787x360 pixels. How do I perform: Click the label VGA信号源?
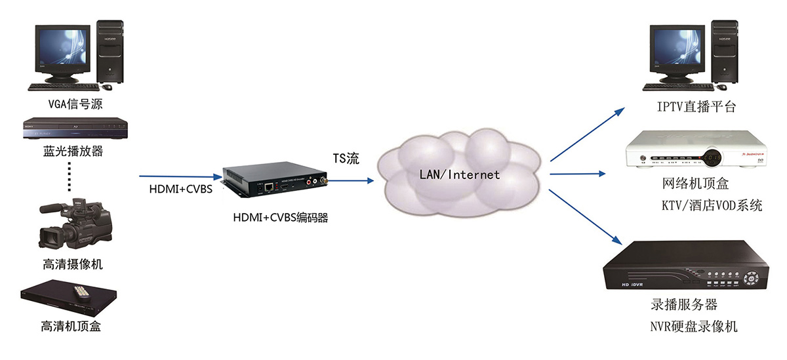click(x=76, y=104)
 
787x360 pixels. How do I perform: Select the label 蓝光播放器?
click(x=74, y=151)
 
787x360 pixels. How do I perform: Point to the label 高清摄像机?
click(x=73, y=265)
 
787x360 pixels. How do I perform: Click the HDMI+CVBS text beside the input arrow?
click(x=179, y=190)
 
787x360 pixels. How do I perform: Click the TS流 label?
click(x=346, y=159)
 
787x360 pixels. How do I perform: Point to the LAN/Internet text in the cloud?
click(x=460, y=174)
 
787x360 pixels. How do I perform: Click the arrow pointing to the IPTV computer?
click(x=588, y=134)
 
